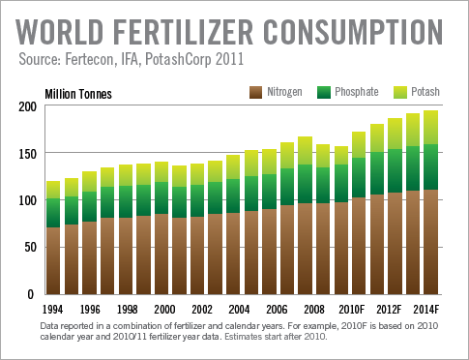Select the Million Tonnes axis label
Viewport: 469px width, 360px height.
click(78, 93)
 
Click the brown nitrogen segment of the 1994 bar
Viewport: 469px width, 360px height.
click(53, 261)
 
